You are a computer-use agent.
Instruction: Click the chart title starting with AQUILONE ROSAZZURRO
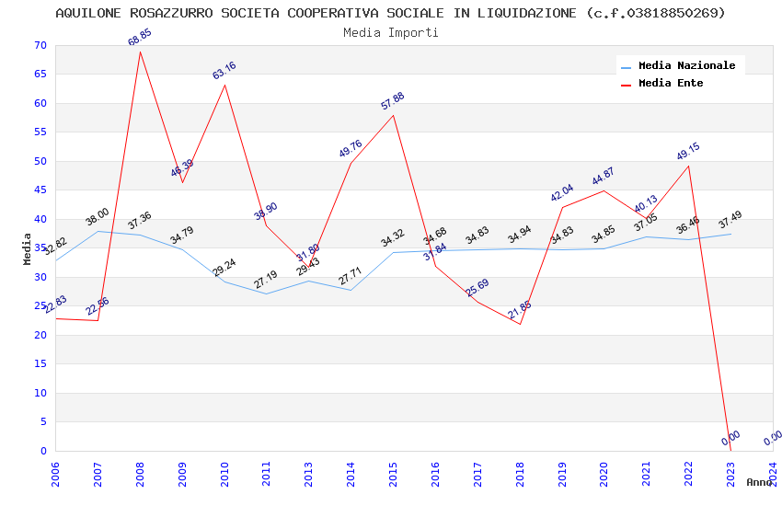point(390,13)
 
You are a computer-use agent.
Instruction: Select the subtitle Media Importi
point(390,32)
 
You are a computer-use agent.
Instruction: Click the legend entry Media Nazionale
point(686,65)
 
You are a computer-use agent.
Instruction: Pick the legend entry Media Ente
point(671,83)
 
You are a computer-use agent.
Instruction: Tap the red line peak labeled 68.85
point(140,51)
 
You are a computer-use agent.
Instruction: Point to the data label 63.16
point(224,71)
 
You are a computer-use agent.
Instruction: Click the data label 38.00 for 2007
point(98,217)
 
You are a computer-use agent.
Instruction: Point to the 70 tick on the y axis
point(38,45)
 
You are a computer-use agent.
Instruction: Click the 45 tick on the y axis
point(38,190)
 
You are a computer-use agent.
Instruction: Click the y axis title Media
point(28,248)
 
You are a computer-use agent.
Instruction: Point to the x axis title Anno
point(759,482)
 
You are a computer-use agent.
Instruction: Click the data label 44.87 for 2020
point(604,177)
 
